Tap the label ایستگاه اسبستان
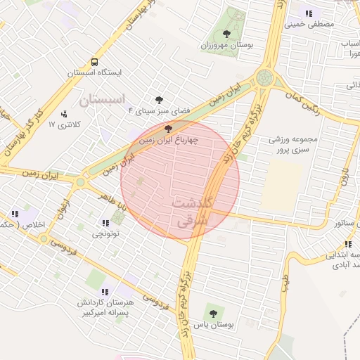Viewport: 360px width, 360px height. click(95, 72)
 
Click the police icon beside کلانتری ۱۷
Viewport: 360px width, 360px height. click(65, 113)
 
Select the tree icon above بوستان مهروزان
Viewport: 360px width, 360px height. click(226, 34)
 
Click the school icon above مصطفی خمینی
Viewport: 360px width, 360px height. click(309, 13)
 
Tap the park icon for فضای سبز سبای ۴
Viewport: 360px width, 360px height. click(160, 100)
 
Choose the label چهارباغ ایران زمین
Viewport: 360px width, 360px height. click(167, 140)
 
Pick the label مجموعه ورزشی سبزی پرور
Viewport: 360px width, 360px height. click(293, 143)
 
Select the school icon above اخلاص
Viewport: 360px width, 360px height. click(15, 214)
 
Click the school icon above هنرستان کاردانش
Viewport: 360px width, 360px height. click(105, 291)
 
